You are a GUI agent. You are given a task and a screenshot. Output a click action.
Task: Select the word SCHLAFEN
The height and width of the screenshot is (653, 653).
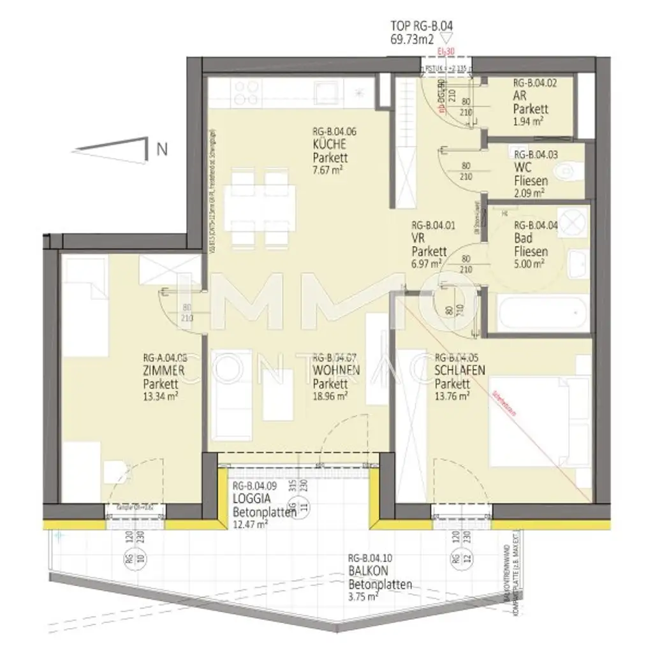click(459, 371)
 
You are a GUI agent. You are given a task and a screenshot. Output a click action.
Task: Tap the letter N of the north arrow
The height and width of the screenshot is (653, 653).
click(162, 150)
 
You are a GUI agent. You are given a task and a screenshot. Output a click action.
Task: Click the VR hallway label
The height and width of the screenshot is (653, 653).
click(418, 238)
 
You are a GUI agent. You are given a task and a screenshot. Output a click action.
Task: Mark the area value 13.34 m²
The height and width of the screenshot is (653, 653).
click(160, 395)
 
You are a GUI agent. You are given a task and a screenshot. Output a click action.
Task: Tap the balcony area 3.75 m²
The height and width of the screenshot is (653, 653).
click(363, 597)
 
